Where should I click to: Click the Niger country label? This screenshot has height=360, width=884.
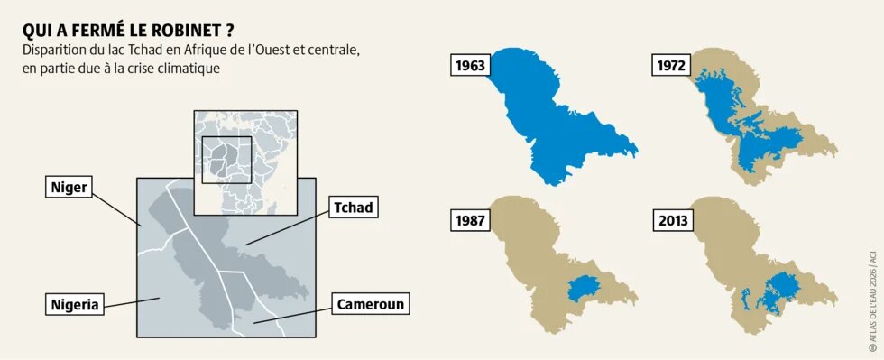click(x=69, y=187)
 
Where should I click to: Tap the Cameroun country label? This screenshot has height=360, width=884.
click(x=370, y=304)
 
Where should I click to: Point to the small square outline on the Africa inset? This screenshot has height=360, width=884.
click(x=226, y=159)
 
